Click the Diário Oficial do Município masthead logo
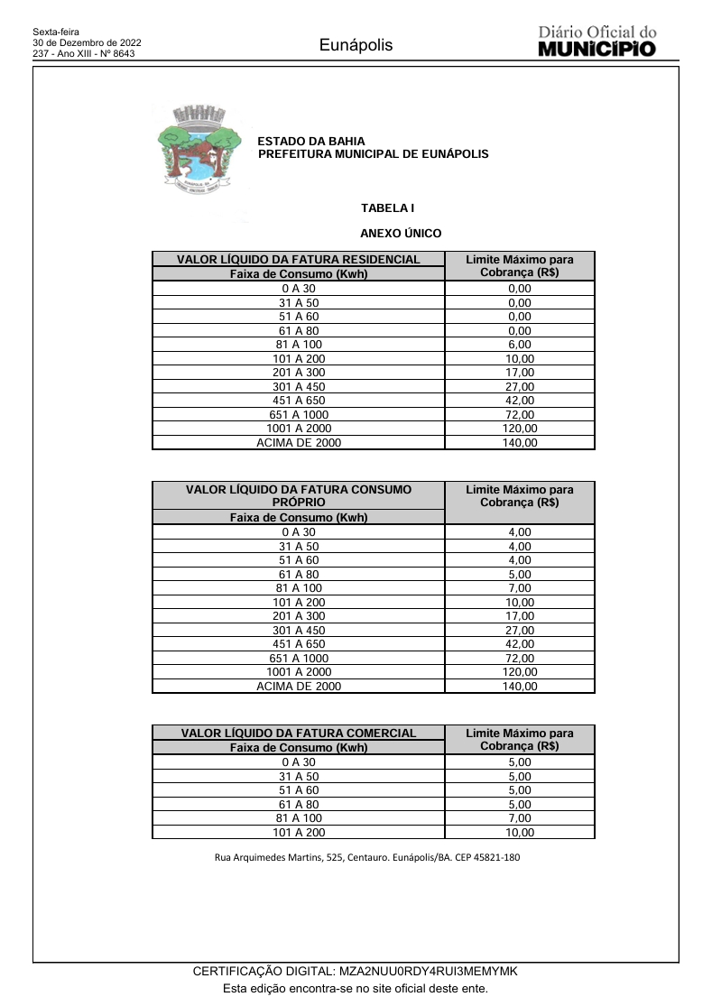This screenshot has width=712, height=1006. coord(596,42)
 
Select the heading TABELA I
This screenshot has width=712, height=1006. coord(387,208)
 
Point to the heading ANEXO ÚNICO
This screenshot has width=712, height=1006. coord(401,234)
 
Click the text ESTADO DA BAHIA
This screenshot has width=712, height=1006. coord(311,142)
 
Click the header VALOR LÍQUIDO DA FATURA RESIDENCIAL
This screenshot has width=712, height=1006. coord(299,260)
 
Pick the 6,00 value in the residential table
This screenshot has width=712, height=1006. coord(520,345)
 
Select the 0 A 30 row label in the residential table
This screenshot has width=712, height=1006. coord(299,289)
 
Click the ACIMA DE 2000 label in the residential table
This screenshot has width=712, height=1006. coord(299,443)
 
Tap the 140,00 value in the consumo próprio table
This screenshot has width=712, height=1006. coord(520,687)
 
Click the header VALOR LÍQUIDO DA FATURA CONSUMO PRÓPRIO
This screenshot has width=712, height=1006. coord(299,495)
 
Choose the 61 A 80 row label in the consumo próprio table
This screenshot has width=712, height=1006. coord(299,574)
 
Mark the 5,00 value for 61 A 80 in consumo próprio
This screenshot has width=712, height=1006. coord(520,574)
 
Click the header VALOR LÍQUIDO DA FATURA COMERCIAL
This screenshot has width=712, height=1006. coord(299,734)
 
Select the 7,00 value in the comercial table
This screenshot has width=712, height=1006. coord(520,818)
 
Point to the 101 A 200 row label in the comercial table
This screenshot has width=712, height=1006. coord(299,833)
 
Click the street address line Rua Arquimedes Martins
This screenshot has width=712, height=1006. coord(366,857)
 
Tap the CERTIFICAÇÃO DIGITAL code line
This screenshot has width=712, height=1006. coord(356,971)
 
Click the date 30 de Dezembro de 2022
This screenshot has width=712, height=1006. coord(87,42)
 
